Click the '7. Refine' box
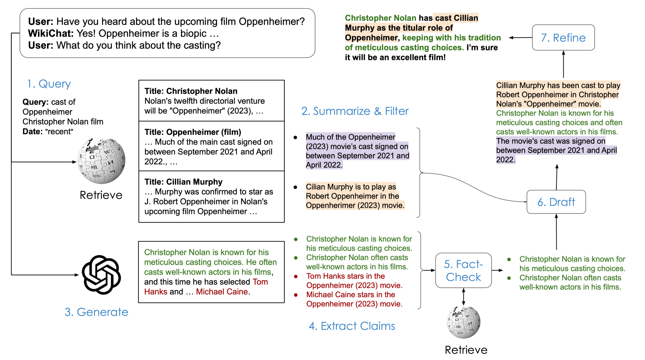pyautogui.click(x=563, y=38)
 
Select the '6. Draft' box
pyautogui.click(x=556, y=202)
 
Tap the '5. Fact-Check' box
pyautogui.click(x=463, y=270)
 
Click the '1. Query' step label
pyautogui.click(x=49, y=84)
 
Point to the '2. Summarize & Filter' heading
pyautogui.click(x=355, y=111)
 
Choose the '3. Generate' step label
pyautogui.click(x=96, y=312)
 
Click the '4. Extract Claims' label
pyautogui.click(x=352, y=326)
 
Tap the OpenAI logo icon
pyautogui.click(x=101, y=275)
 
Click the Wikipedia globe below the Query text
pyautogui.click(x=101, y=161)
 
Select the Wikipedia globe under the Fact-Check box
pyautogui.click(x=463, y=322)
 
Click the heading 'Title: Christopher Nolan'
pyautogui.click(x=191, y=91)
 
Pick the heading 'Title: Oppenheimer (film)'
pyautogui.click(x=193, y=132)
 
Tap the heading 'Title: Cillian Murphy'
pyautogui.click(x=183, y=182)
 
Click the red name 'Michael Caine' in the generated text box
pyautogui.click(x=222, y=292)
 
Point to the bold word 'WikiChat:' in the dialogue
pyautogui.click(x=51, y=33)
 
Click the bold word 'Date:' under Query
pyautogui.click(x=33, y=132)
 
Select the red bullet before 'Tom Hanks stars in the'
pyautogui.click(x=296, y=276)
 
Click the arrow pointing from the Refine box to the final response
pyautogui.click(x=520, y=38)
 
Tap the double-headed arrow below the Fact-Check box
pyautogui.click(x=463, y=297)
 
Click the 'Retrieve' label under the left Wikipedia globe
pyautogui.click(x=101, y=195)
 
